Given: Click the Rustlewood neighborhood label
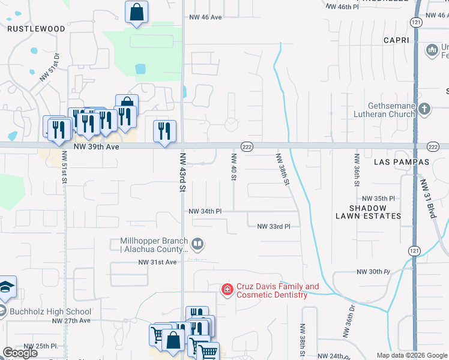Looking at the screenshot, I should coord(36,28).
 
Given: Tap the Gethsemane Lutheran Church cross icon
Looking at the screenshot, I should coord(425,109).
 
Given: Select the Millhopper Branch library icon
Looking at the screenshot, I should coord(198,244).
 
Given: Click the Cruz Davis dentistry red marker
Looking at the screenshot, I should coord(227,290).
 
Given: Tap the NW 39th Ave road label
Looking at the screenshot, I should coord(97,146).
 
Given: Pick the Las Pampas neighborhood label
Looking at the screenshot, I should coord(402,162).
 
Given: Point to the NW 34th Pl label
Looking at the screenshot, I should coord(205,211).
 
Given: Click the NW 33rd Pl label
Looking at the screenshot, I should coord(274,226).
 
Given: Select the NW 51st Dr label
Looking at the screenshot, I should coord(51,67).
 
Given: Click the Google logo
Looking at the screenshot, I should coord(20,353).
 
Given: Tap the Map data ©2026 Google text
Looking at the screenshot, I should coord(411,355).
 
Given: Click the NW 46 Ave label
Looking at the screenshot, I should coord(206,17).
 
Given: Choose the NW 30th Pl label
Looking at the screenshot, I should coord(373,272).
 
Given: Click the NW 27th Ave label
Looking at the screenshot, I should coord(71,320).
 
